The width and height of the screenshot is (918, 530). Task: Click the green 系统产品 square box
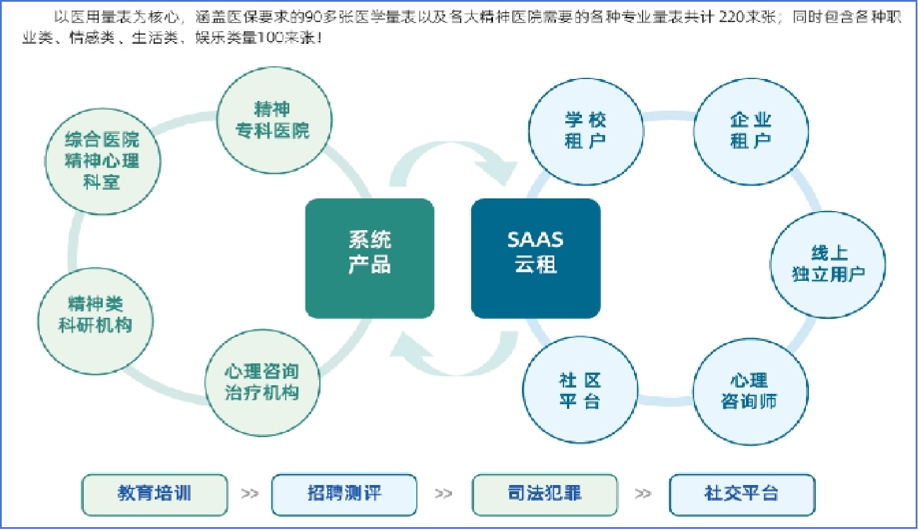(370, 258)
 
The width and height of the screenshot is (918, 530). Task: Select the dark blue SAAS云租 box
(536, 258)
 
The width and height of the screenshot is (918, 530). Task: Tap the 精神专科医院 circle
(274, 121)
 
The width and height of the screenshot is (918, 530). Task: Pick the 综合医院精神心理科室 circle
(102, 161)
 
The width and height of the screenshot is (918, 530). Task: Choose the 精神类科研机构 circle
(95, 321)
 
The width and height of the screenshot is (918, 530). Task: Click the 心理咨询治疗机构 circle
(262, 382)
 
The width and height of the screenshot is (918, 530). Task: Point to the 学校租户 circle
(585, 131)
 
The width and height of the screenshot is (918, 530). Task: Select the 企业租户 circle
(750, 131)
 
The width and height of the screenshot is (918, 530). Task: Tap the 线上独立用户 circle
(828, 264)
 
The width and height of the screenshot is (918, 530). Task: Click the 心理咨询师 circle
(750, 391)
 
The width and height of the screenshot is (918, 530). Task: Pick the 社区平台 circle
(580, 390)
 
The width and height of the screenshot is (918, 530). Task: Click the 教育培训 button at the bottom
(154, 494)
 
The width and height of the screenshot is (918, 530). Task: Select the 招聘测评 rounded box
(344, 494)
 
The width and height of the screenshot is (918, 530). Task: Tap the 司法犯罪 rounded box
(544, 494)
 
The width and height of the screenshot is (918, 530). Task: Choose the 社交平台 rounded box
(742, 494)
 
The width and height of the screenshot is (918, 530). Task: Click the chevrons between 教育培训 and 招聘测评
(249, 494)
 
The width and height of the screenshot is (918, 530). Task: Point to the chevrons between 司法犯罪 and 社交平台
(643, 494)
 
